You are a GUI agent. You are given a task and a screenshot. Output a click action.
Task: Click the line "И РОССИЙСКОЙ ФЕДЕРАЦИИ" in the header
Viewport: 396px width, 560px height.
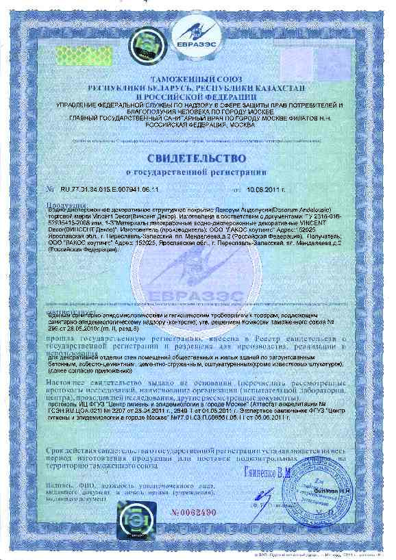(x=197, y=97)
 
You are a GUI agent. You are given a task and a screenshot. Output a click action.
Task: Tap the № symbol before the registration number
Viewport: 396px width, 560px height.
(x=49, y=188)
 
